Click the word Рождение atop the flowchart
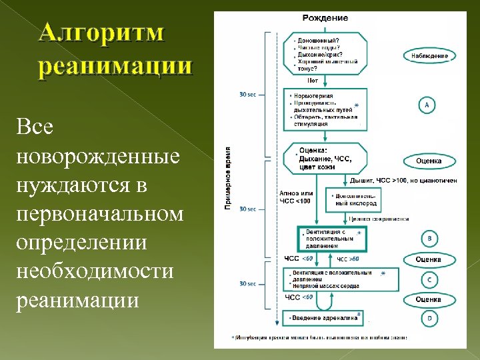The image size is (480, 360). [x=325, y=18]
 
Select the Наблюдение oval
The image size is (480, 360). [x=429, y=56]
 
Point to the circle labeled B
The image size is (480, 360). [x=429, y=238]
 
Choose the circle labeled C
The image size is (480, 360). [x=429, y=280]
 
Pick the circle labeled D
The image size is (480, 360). [x=429, y=319]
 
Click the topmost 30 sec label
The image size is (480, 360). [x=247, y=94]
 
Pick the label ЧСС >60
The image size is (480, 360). [x=348, y=259]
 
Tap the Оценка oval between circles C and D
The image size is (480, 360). [x=428, y=299]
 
